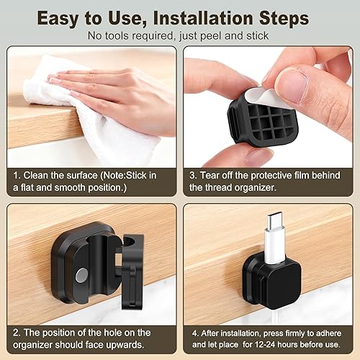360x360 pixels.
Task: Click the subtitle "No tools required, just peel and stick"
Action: tap(180, 35)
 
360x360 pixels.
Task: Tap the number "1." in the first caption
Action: tap(17, 174)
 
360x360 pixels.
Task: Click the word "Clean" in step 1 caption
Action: tap(40, 174)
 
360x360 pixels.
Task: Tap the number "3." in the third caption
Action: tap(196, 174)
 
